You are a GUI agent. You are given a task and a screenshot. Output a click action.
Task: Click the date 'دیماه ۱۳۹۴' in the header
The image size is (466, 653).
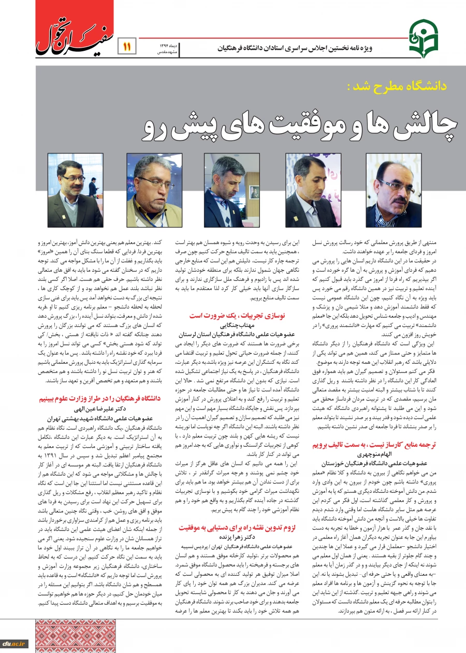(x=168, y=45)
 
